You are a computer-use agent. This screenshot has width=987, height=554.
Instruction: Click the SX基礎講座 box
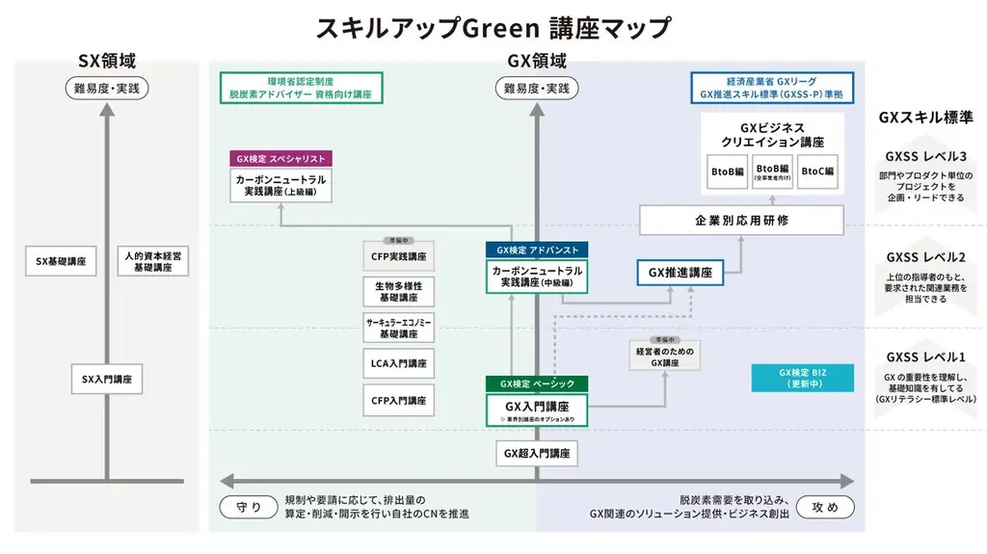click(x=62, y=261)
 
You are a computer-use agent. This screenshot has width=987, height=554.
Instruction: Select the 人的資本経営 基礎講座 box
click(x=154, y=261)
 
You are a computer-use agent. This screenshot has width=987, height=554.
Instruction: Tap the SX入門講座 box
click(x=108, y=380)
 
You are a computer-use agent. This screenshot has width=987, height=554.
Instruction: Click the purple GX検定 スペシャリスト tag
click(x=280, y=159)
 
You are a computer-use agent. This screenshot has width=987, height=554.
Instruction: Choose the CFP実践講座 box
click(x=399, y=257)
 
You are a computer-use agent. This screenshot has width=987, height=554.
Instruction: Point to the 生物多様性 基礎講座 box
click(x=399, y=292)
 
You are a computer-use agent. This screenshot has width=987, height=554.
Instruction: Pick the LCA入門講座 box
click(x=399, y=363)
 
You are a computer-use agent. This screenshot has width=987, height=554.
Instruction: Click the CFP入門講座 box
click(x=399, y=400)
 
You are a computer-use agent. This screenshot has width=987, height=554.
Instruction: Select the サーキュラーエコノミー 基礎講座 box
click(x=399, y=328)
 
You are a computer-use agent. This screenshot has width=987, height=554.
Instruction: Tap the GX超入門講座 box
click(x=537, y=451)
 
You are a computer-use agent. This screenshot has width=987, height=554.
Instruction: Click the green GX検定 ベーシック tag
click(x=537, y=383)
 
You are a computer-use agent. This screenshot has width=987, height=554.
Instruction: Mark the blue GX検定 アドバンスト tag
click(x=537, y=250)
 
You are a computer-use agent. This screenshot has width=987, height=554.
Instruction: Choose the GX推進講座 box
click(x=680, y=273)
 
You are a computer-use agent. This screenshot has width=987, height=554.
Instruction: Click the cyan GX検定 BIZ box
click(x=803, y=378)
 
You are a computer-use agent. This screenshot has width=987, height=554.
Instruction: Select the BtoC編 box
click(x=817, y=171)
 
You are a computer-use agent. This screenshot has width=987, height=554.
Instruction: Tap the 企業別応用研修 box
click(x=742, y=221)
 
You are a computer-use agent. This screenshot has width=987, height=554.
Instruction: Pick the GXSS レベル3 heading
click(x=925, y=157)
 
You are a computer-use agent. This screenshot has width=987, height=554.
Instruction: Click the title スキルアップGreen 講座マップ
click(x=493, y=27)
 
